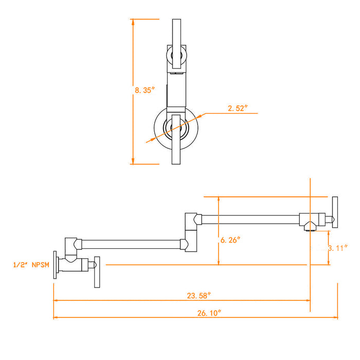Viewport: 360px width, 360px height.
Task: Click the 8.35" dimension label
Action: pos(145,90)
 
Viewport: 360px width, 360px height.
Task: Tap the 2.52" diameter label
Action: pos(238,108)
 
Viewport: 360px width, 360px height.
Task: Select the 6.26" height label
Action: pos(230,240)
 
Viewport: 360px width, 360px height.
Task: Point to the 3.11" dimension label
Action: pos(338,248)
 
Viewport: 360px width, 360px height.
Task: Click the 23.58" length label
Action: pos(199,296)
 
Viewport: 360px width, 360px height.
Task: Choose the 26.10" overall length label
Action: pos(209,313)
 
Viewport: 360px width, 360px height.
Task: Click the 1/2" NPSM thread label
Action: pos(31,265)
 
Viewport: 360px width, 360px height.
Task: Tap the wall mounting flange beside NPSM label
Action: pos(55,265)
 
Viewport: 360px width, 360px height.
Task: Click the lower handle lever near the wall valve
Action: pos(97,272)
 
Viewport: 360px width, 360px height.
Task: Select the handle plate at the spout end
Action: pos(335,212)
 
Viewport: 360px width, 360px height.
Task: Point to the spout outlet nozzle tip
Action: pos(310,229)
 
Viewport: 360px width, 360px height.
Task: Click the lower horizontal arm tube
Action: pos(131,244)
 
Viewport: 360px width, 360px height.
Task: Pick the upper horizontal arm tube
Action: pos(250,220)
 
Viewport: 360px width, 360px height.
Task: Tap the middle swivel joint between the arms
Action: pos(191,232)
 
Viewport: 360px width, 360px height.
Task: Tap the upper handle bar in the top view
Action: pos(176,44)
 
